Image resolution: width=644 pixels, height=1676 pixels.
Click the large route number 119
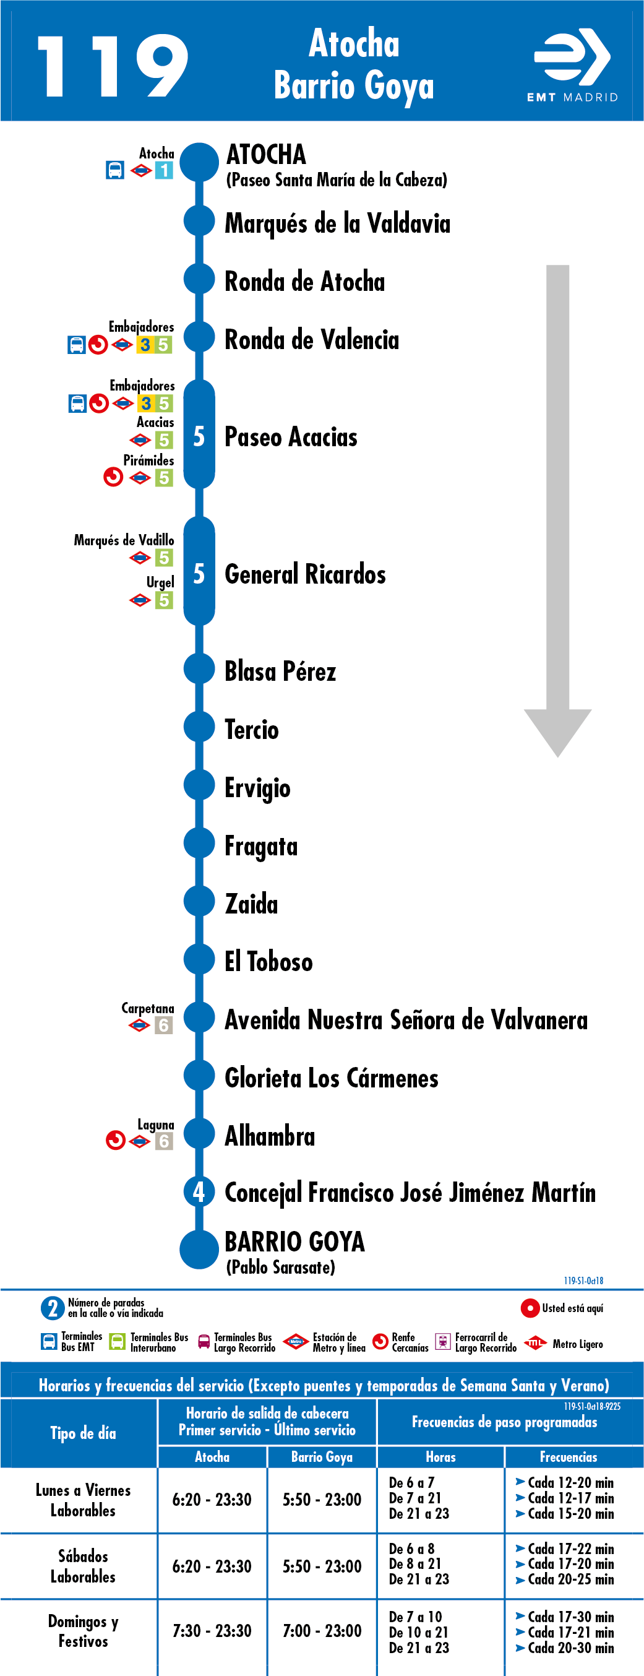tap(113, 66)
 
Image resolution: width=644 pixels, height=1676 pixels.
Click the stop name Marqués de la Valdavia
tap(337, 223)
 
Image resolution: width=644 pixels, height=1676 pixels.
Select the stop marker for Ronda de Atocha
tap(199, 279)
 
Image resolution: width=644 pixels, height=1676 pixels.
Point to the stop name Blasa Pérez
tap(280, 672)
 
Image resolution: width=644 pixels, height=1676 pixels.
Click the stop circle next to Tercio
tap(199, 727)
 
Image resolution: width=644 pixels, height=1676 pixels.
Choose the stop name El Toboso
tap(268, 962)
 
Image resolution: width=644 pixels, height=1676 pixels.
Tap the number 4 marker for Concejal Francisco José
tap(199, 1191)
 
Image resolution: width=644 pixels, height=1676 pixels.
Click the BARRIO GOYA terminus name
tap(294, 1242)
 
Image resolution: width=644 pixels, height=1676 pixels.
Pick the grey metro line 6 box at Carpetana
tap(164, 1026)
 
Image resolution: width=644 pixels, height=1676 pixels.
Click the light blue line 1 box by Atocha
tap(164, 170)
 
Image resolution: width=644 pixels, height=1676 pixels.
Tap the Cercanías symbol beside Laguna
tap(115, 1141)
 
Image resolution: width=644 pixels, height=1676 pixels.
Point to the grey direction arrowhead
tap(557, 732)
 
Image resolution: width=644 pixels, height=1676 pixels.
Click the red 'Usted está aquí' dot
tap(530, 1308)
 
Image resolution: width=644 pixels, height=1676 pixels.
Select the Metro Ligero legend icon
tap(535, 1343)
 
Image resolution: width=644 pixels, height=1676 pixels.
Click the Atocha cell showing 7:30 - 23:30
tap(212, 1631)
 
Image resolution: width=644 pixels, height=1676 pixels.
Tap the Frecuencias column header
tap(569, 1457)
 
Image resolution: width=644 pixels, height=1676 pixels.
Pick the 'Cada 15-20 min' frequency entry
tap(565, 1513)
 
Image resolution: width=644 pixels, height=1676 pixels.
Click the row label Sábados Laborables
tap(84, 1566)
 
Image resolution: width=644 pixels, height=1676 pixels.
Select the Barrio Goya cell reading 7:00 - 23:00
tap(322, 1631)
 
